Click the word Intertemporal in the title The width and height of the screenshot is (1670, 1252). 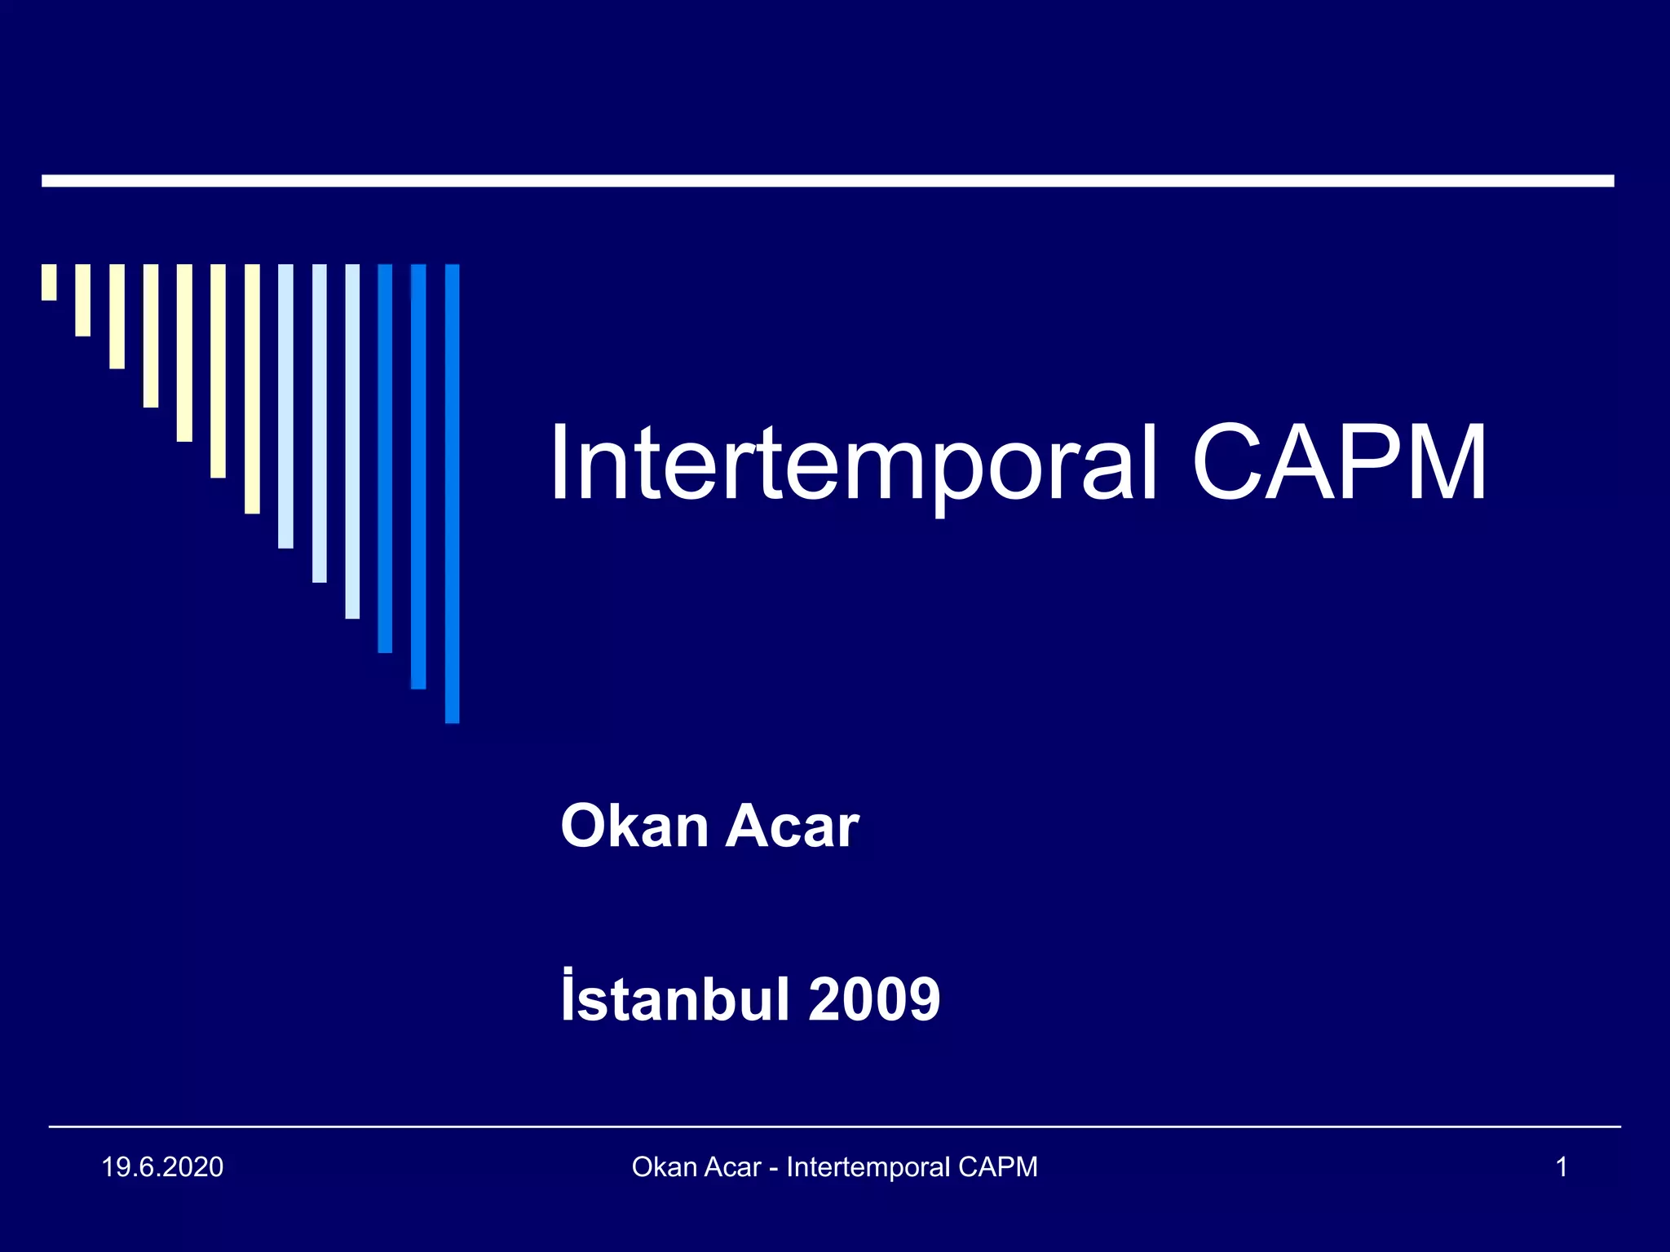tap(852, 463)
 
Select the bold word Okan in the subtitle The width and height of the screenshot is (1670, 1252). tap(634, 827)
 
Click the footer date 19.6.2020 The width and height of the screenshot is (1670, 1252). tap(162, 1167)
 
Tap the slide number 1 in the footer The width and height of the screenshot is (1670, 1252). tap(1562, 1167)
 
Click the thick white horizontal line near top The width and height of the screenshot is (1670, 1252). tap(828, 181)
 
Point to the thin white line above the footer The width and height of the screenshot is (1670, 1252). tap(834, 1126)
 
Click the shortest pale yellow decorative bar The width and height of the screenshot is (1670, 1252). tap(49, 282)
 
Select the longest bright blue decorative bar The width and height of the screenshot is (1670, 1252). tap(452, 493)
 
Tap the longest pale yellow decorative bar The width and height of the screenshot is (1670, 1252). tap(252, 389)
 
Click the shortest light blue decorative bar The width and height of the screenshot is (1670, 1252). tap(285, 406)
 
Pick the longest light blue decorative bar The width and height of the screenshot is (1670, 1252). tap(352, 441)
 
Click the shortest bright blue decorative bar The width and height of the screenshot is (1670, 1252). tap(385, 458)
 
